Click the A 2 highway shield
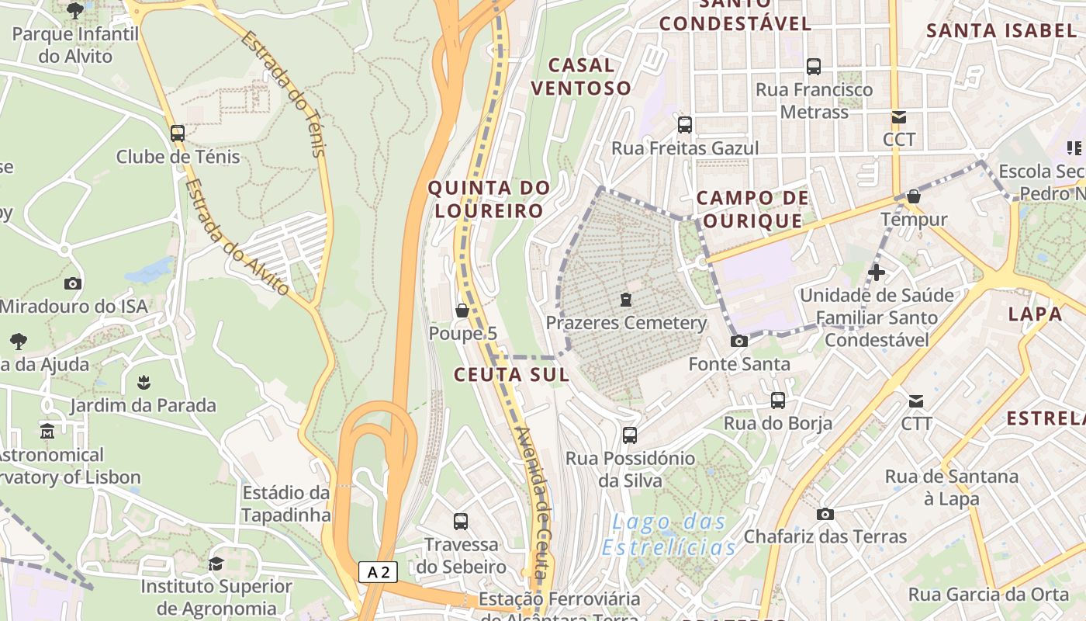(379, 573)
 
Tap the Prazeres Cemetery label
(627, 323)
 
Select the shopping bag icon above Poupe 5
(462, 310)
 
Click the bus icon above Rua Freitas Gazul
(684, 124)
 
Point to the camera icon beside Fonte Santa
(739, 341)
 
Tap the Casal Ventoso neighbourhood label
(581, 76)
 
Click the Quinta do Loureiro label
(489, 199)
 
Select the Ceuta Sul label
(511, 374)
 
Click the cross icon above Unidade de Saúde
(877, 272)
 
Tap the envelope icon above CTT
(916, 401)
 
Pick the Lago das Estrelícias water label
(669, 534)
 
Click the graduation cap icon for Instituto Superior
(216, 564)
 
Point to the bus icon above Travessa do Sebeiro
(461, 521)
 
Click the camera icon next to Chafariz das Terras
(825, 514)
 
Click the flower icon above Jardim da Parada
(143, 382)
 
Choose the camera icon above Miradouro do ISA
(73, 283)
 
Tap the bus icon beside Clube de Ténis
(178, 133)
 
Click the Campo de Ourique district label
(752, 210)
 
